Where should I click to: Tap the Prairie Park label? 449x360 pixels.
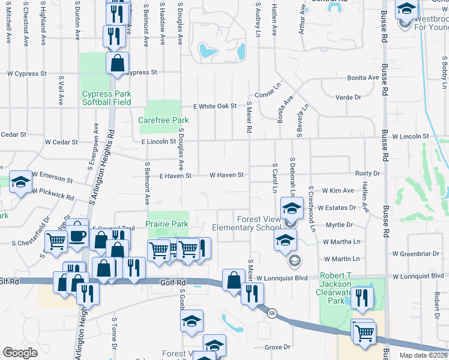[x=167, y=224]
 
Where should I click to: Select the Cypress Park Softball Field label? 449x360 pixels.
[x=106, y=98]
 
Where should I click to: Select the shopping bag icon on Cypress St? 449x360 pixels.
[x=118, y=62]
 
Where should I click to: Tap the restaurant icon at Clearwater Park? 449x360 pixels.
[x=362, y=298]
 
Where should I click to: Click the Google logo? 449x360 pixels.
[x=20, y=353]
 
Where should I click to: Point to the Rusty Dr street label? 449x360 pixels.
[x=367, y=173]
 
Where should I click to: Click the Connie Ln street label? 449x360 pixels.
[x=268, y=95]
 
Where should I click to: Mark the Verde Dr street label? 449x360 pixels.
[x=348, y=97]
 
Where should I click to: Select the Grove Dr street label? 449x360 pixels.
[x=277, y=347]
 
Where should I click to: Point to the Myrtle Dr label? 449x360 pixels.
[x=339, y=224]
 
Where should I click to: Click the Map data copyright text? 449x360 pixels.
[x=424, y=355]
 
